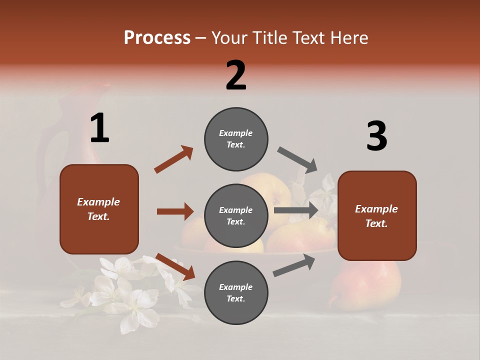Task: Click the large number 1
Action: (99, 128)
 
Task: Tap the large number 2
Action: (236, 75)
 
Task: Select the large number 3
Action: (376, 136)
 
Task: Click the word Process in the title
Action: (157, 37)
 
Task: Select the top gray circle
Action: (236, 139)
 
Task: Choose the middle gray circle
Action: (236, 215)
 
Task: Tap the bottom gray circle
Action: (236, 292)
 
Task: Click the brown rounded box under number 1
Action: (99, 209)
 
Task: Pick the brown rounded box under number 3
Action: (377, 215)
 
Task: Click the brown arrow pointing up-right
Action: (174, 159)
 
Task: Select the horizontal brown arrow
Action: (175, 211)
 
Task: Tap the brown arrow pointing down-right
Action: (175, 266)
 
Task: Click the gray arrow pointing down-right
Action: (297, 159)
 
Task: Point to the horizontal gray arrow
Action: (296, 210)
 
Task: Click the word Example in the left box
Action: (98, 202)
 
